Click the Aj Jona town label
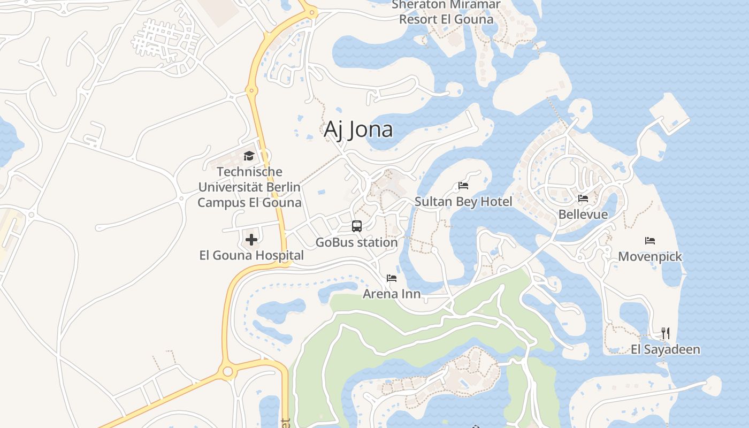click(358, 130)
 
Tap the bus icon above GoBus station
click(357, 226)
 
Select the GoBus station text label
click(356, 242)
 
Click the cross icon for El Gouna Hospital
click(251, 240)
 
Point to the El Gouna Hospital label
click(251, 255)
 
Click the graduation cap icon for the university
click(249, 156)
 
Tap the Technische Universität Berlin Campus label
click(249, 187)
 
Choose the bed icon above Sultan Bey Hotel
click(463, 186)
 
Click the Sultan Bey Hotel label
click(463, 202)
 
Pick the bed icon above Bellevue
click(583, 198)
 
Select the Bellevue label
click(583, 215)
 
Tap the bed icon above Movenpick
click(650, 241)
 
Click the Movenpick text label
click(650, 257)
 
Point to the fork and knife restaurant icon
click(666, 333)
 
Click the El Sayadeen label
click(666, 350)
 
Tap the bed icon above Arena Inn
click(392, 278)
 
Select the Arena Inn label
click(392, 294)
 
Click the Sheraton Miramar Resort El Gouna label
click(446, 12)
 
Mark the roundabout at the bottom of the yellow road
click(228, 371)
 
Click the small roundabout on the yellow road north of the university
click(251, 90)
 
